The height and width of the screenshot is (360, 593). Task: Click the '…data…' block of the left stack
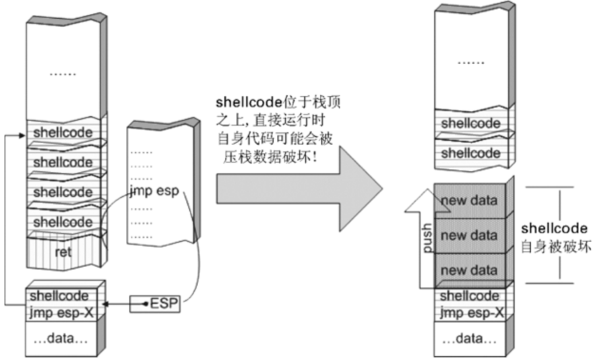click(63, 340)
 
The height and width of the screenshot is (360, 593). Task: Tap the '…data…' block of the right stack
click(470, 340)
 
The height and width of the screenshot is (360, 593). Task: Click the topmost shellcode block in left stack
click(63, 131)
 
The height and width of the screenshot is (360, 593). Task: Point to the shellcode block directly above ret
click(63, 221)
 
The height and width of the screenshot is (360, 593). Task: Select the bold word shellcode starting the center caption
click(241, 102)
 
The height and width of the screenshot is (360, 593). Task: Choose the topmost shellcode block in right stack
click(470, 123)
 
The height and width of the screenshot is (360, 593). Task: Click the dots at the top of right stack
click(470, 61)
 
